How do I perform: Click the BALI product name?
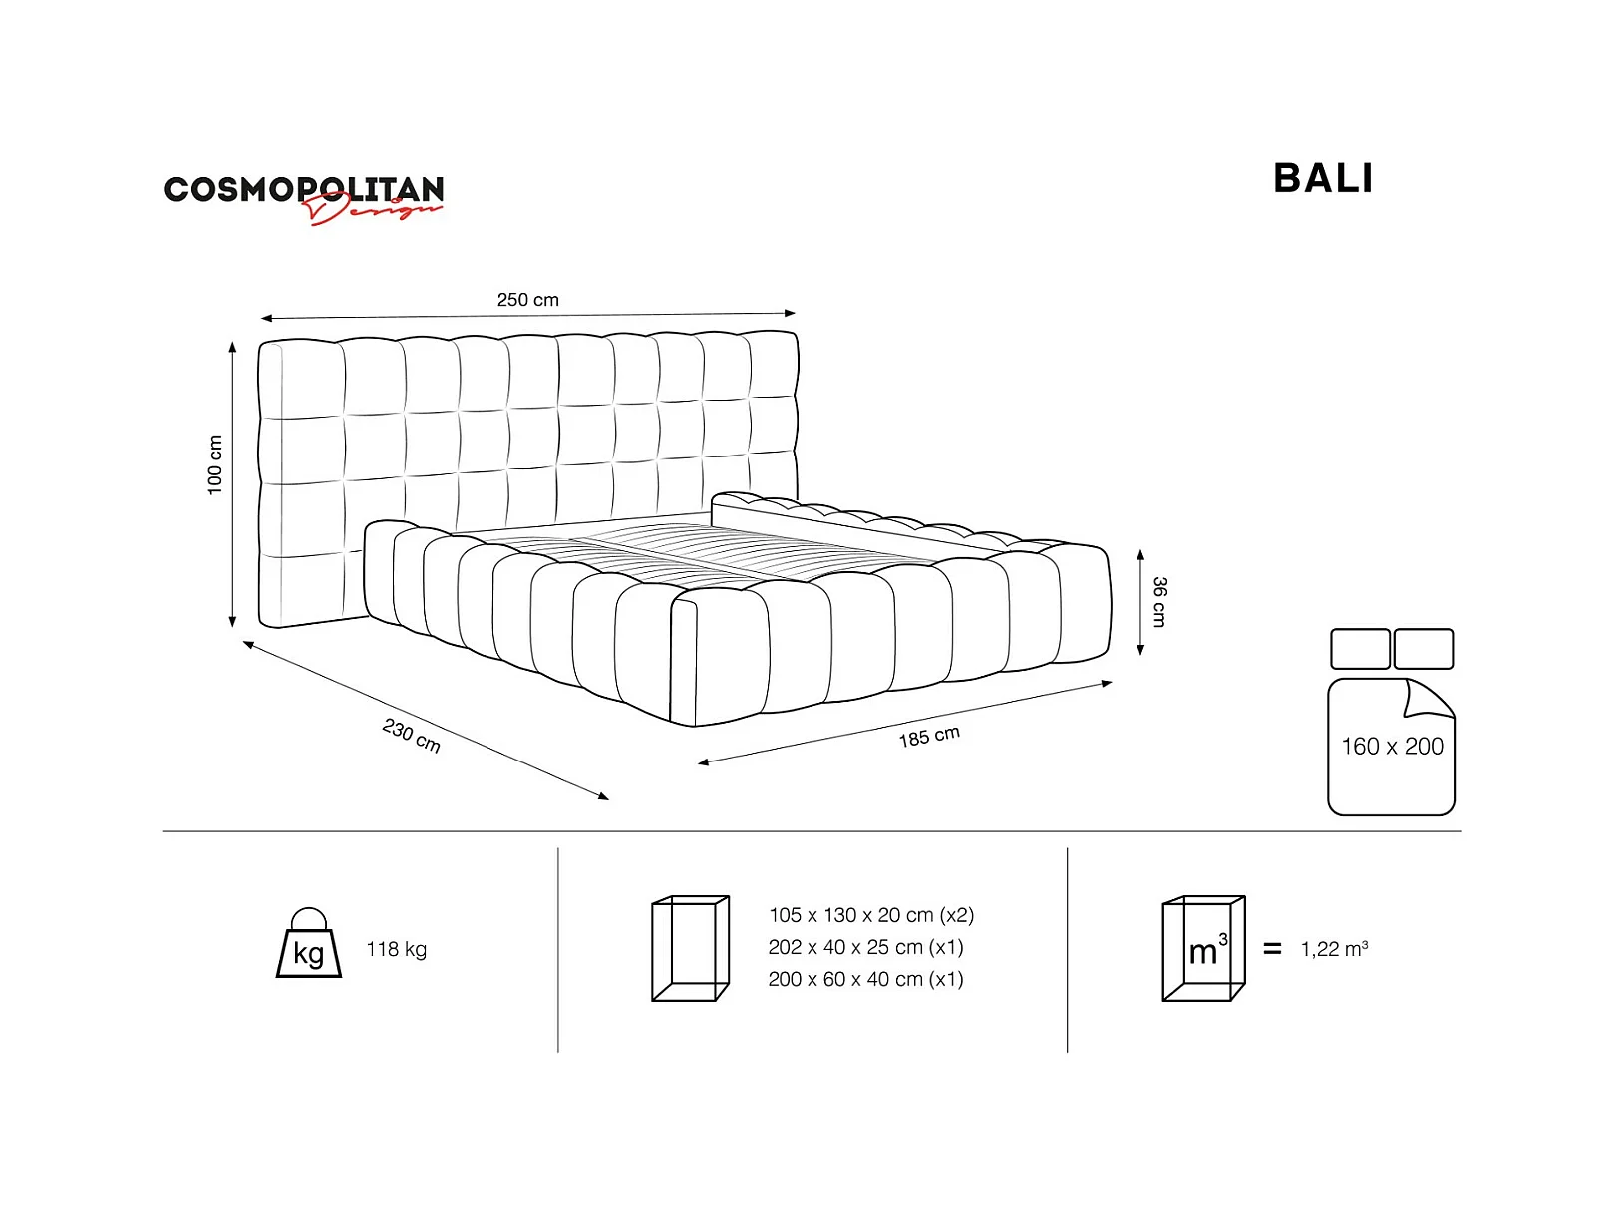click(1323, 179)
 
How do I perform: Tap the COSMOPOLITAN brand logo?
click(303, 190)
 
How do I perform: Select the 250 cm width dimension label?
click(527, 300)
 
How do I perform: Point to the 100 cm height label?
click(215, 464)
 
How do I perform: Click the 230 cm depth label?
click(411, 736)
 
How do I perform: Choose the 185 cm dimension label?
click(929, 737)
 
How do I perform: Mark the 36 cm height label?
click(1159, 601)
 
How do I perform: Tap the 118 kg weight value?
click(396, 949)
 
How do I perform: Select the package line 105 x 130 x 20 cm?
click(870, 915)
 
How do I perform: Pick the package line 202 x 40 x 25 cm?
click(865, 947)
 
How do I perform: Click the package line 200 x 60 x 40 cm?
click(865, 979)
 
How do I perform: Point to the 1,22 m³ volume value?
click(1334, 949)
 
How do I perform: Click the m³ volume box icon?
click(1203, 948)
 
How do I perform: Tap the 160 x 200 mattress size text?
click(1392, 747)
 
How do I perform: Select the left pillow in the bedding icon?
click(1360, 649)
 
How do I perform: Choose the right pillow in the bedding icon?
click(1423, 649)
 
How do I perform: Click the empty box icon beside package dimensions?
click(690, 948)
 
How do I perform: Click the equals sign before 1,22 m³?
click(1272, 949)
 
